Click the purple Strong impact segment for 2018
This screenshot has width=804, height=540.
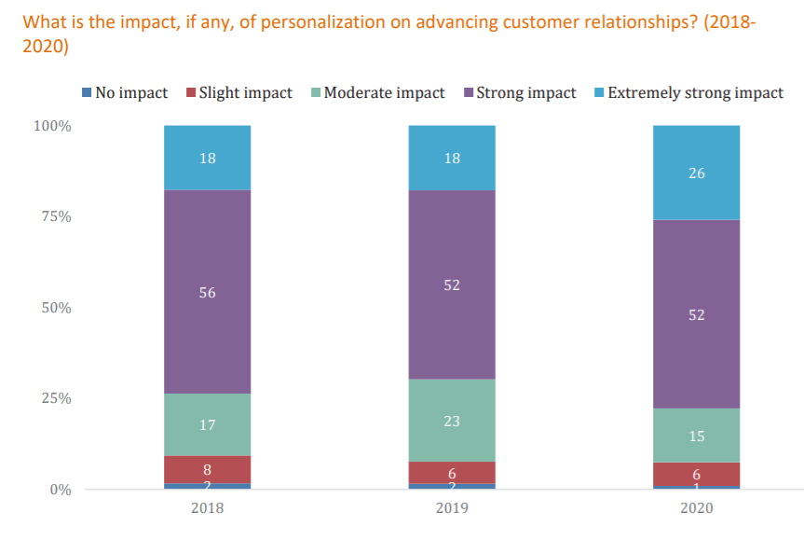[207, 292]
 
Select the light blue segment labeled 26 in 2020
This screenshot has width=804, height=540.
[696, 173]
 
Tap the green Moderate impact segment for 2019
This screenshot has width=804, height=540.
[452, 420]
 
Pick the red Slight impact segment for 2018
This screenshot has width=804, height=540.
[207, 468]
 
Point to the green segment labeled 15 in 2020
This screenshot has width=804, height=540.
[696, 435]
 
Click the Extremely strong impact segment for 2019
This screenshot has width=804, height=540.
[452, 158]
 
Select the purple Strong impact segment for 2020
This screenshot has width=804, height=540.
[696, 314]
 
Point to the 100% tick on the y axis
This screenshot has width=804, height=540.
[52, 126]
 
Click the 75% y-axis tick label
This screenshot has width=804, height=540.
[56, 216]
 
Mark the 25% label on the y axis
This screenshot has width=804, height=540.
[56, 398]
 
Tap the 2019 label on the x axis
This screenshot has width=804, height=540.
[452, 509]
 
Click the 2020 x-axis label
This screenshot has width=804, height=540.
[696, 509]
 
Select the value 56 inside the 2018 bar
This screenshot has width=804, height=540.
[207, 293]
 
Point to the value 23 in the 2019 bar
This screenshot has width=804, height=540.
[452, 421]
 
